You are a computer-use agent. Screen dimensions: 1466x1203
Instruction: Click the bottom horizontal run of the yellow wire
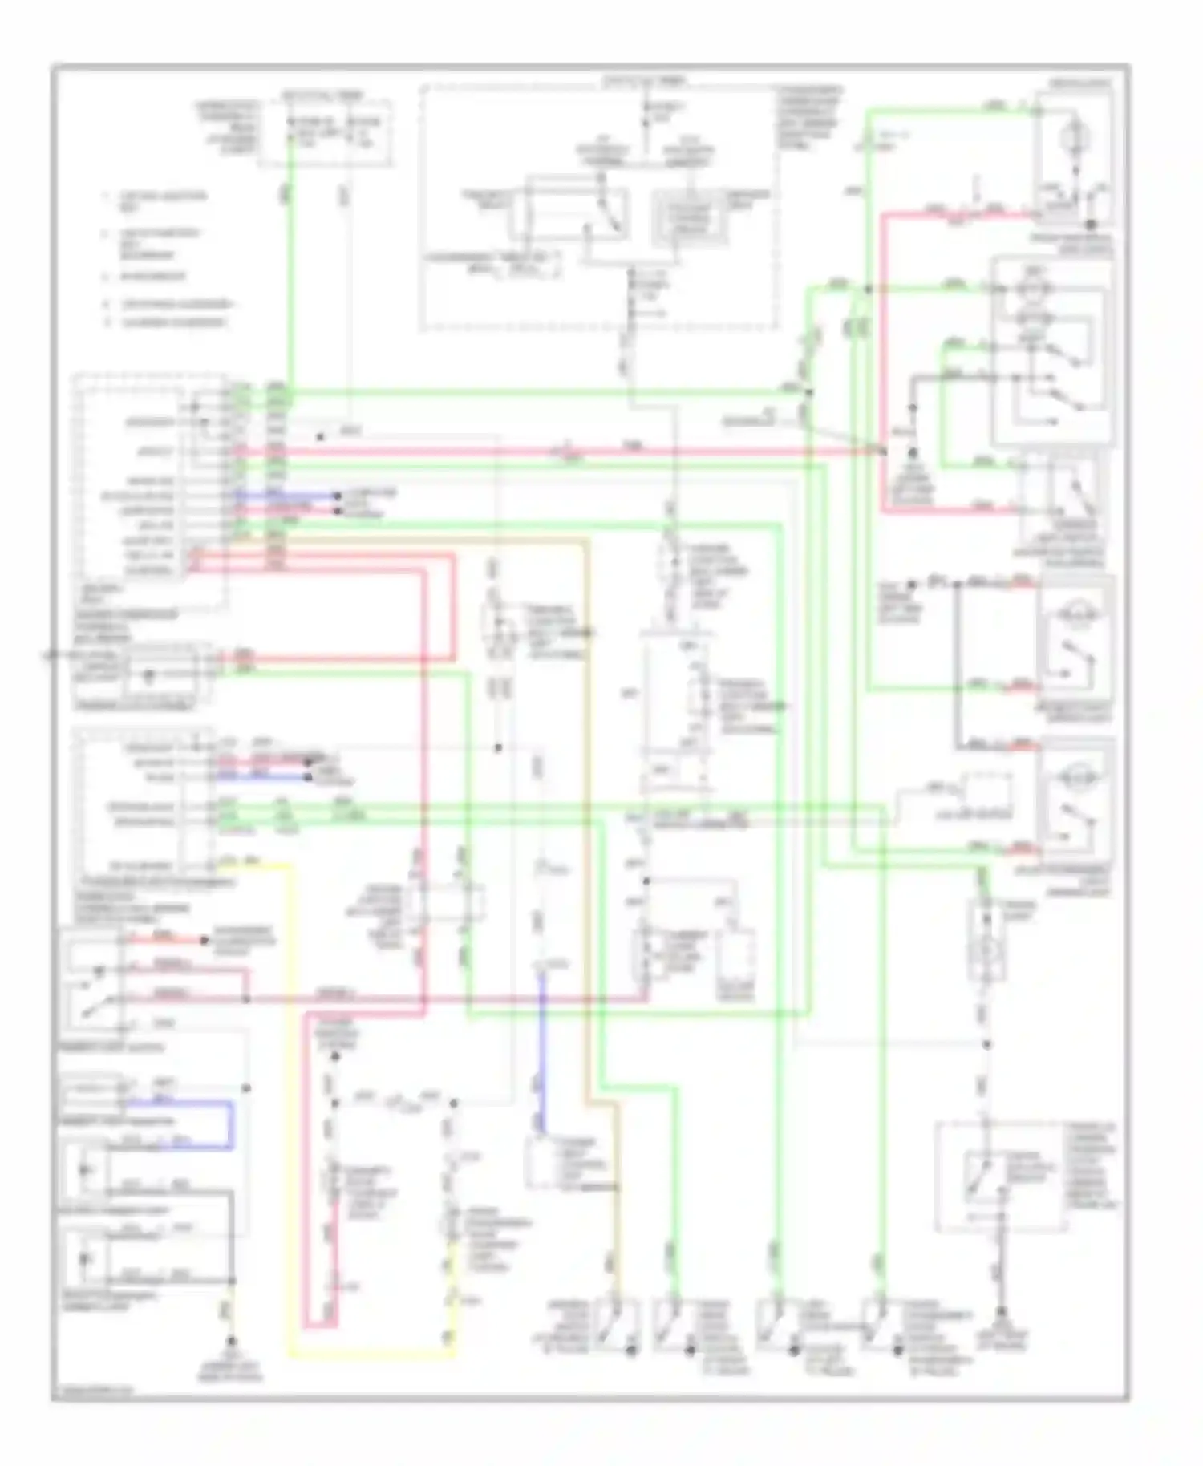[369, 1355]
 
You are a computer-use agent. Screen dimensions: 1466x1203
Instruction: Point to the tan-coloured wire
[589, 802]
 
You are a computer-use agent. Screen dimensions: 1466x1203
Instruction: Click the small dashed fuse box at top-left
[325, 133]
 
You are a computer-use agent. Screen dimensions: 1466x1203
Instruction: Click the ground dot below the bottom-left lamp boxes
[232, 1340]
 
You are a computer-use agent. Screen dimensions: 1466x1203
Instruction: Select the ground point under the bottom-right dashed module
[1003, 1334]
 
